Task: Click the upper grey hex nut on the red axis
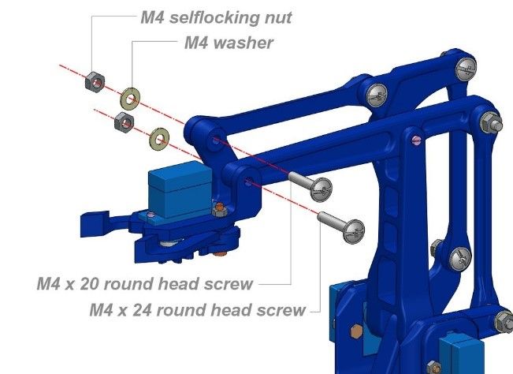[x=95, y=82]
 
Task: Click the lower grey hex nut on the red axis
[x=124, y=122]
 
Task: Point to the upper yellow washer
[x=130, y=99]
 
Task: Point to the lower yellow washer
[x=159, y=139]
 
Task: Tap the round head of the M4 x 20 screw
[x=322, y=189]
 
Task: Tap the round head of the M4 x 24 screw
[x=353, y=231]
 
